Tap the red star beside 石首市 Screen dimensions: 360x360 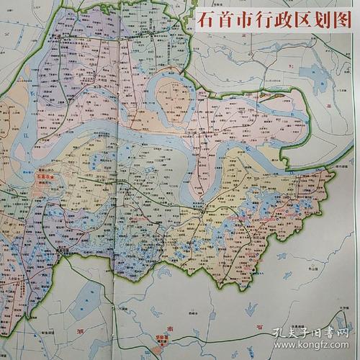coord(53,175)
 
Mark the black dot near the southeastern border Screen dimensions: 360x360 coord(253,273)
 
